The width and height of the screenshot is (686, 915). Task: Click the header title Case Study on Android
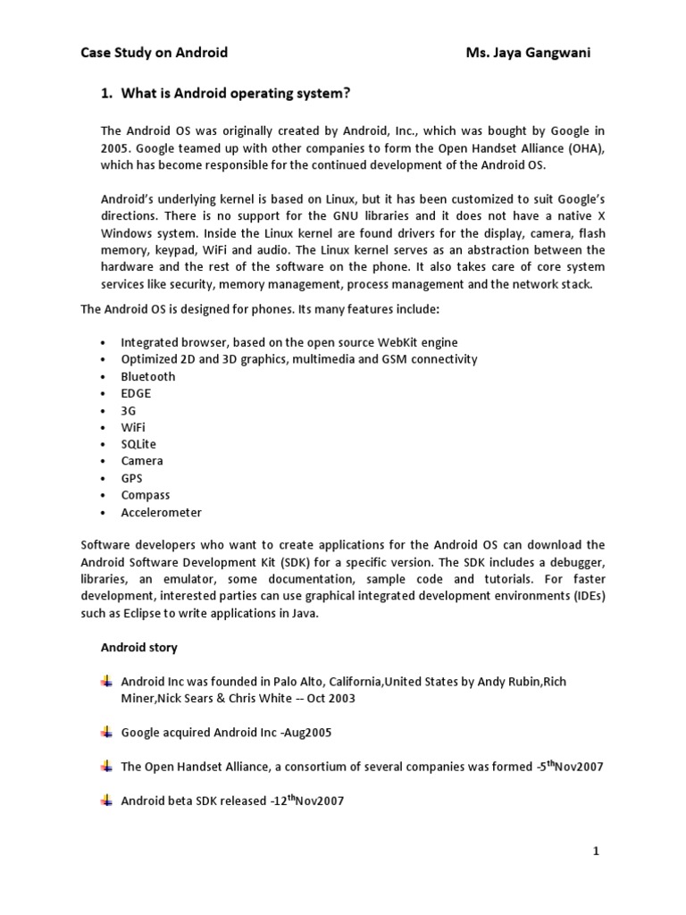[x=154, y=53]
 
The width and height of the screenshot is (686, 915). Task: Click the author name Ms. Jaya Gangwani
[x=528, y=53]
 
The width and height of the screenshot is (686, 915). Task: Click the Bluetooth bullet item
[x=148, y=376]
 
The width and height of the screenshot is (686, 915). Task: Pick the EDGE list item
[x=136, y=393]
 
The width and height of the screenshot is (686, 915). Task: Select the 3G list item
[x=129, y=410]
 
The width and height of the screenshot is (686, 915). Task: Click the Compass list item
[x=145, y=495]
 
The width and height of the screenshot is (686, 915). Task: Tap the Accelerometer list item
[x=161, y=512]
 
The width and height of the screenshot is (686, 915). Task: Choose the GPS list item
[x=131, y=478]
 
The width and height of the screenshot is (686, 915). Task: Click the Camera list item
[x=142, y=461]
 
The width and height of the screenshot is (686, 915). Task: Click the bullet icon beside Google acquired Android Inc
[x=106, y=732]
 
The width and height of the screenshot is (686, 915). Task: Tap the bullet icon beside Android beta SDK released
[x=106, y=801]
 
